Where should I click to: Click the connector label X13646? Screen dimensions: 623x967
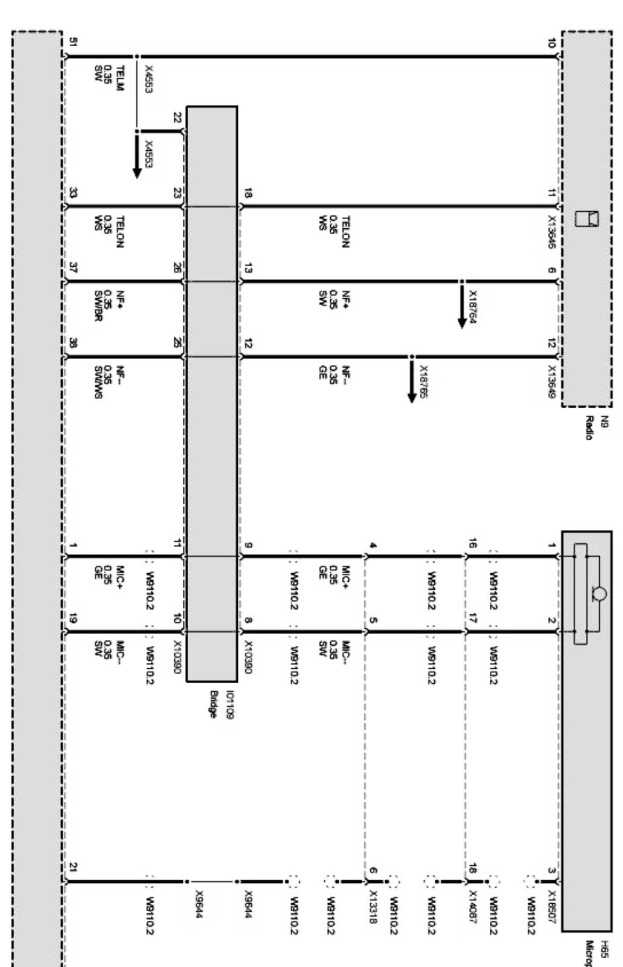pyautogui.click(x=553, y=229)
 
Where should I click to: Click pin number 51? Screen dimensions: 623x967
pyautogui.click(x=73, y=44)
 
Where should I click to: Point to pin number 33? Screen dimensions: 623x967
pyautogui.click(x=73, y=193)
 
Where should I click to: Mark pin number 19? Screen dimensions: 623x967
pyautogui.click(x=73, y=619)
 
